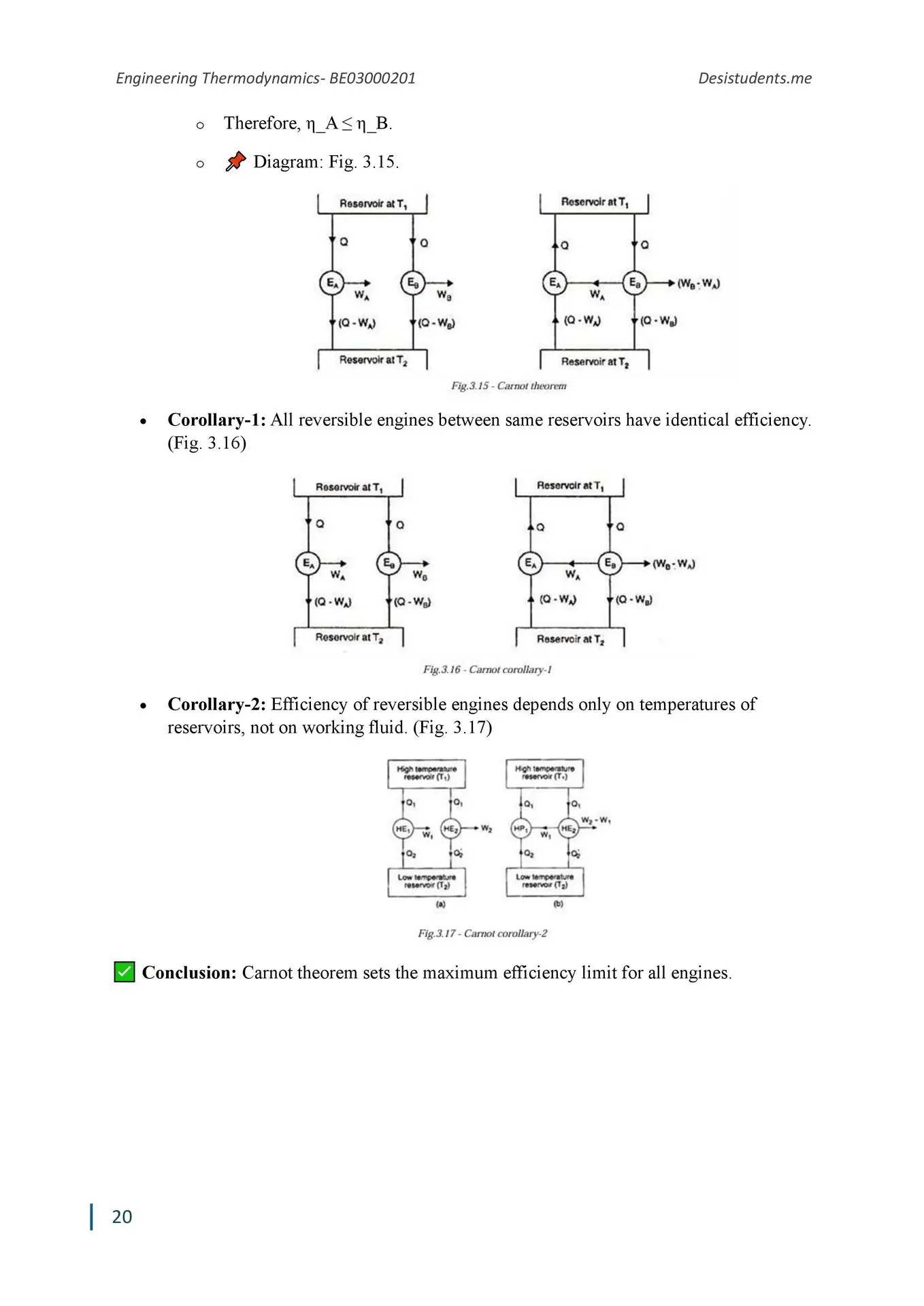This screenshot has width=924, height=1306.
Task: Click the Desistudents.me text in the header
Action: pos(755,78)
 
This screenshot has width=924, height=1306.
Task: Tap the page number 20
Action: pos(122,1216)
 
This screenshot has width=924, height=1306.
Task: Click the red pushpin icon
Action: pos(235,162)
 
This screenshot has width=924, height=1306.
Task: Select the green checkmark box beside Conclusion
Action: pos(125,972)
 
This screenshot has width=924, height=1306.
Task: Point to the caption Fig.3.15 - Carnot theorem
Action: pos(508,386)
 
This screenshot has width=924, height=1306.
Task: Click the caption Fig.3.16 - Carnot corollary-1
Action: pos(487,669)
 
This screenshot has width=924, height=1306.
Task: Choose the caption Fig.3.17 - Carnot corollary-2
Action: pos(482,933)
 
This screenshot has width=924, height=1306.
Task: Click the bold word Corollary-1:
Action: pos(216,420)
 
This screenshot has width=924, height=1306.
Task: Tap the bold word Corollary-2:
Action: pos(216,704)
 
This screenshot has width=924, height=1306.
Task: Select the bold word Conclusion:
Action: pos(189,973)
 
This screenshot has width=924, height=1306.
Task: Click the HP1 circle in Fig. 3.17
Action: pos(520,828)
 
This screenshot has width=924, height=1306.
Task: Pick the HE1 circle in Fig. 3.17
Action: pos(403,828)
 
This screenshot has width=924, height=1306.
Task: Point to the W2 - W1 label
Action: pos(596,820)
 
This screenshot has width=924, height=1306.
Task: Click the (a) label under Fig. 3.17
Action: pos(440,904)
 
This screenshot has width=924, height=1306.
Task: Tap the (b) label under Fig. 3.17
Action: pos(558,904)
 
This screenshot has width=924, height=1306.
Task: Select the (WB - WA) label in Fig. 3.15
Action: pos(699,283)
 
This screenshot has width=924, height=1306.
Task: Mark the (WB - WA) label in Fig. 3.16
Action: pos(674,564)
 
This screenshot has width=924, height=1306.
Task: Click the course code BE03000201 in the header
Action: pos(372,78)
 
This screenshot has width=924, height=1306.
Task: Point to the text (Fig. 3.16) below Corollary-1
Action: pos(207,443)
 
